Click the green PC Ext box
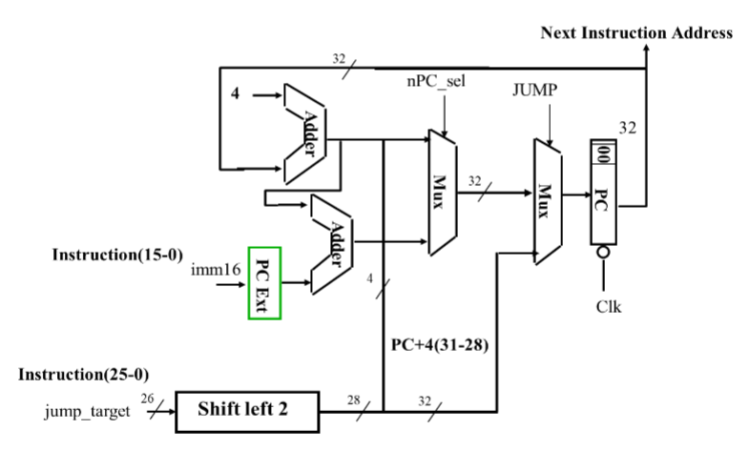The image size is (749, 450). [x=260, y=283]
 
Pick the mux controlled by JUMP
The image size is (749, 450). [x=545, y=200]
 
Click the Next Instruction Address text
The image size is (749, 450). [x=636, y=33]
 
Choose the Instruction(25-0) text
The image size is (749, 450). [x=84, y=374]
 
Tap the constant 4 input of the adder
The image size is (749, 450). [x=235, y=95]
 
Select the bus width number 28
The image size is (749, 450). [x=354, y=398]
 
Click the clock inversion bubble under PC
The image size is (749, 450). [x=603, y=254]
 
